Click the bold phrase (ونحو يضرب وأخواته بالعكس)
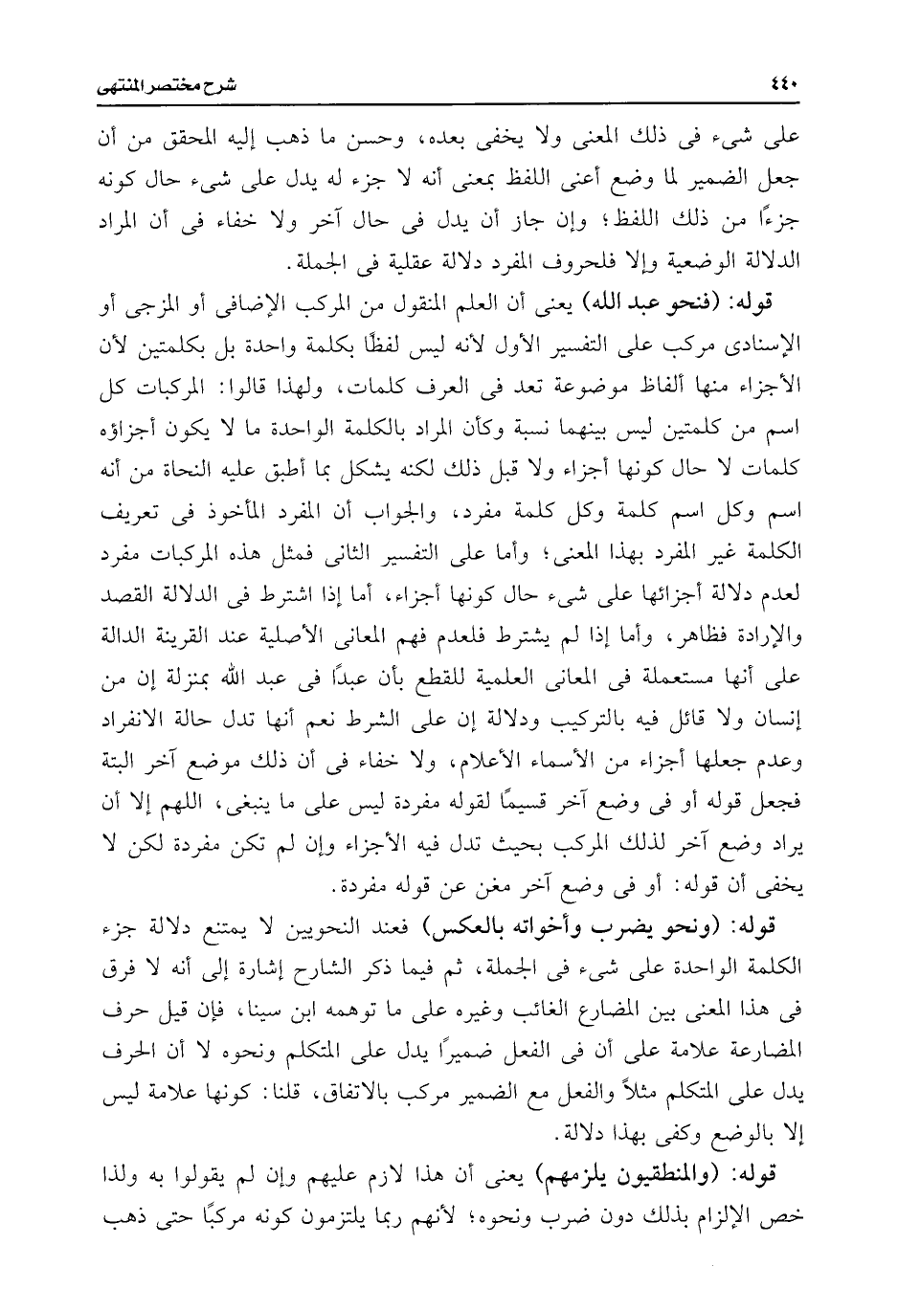[x=587, y=927]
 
